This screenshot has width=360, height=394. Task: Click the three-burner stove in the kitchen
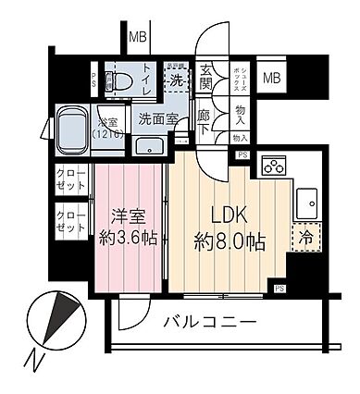[x=274, y=166]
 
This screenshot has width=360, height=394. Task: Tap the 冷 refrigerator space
[x=306, y=236]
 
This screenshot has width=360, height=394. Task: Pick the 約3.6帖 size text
[x=129, y=238]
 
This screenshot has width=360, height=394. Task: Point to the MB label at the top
[x=138, y=38]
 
